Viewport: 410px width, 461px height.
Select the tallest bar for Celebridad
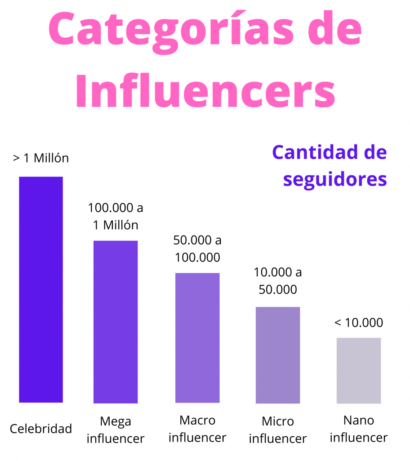pos(41,289)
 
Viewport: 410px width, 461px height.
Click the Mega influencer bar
pos(116,321)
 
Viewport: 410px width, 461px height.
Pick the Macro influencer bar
pos(197,338)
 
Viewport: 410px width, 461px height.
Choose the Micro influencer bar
pos(278,355)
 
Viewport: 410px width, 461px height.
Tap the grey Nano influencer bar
pos(359,370)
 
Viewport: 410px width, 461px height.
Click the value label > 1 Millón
pos(41,158)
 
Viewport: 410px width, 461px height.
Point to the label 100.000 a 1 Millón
pos(116,216)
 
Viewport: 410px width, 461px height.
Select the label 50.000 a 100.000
pos(197,249)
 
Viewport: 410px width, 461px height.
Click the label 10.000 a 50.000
pos(278,280)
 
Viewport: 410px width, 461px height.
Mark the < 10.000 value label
pos(359,323)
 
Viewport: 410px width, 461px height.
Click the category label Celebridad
pos(41,429)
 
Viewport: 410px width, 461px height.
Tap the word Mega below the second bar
pos(116,421)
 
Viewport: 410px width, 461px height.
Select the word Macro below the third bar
pos(197,420)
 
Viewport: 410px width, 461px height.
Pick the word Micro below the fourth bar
pos(278,422)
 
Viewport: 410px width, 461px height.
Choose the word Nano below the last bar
pos(359,420)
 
